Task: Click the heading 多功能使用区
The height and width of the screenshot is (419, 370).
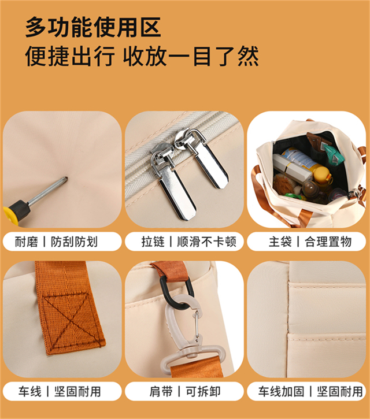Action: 93,27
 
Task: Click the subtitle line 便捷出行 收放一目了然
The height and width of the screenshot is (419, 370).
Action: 142,56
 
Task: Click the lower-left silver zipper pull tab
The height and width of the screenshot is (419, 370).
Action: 174,188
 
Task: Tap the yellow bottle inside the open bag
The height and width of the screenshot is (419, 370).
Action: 322,175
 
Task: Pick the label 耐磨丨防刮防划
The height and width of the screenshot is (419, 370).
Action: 56,242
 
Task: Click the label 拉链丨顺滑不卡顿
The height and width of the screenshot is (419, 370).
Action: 188,242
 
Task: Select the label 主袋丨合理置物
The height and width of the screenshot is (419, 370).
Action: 310,242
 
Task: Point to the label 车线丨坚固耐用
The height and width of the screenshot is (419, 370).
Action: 60,392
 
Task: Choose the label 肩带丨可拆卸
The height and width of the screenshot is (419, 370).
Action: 185,392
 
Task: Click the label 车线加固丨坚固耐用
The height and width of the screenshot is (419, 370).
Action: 310,392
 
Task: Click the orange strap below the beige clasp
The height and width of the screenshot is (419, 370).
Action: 197,369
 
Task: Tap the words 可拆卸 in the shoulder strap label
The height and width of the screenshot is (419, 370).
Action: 203,392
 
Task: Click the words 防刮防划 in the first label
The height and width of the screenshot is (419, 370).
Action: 75,242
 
